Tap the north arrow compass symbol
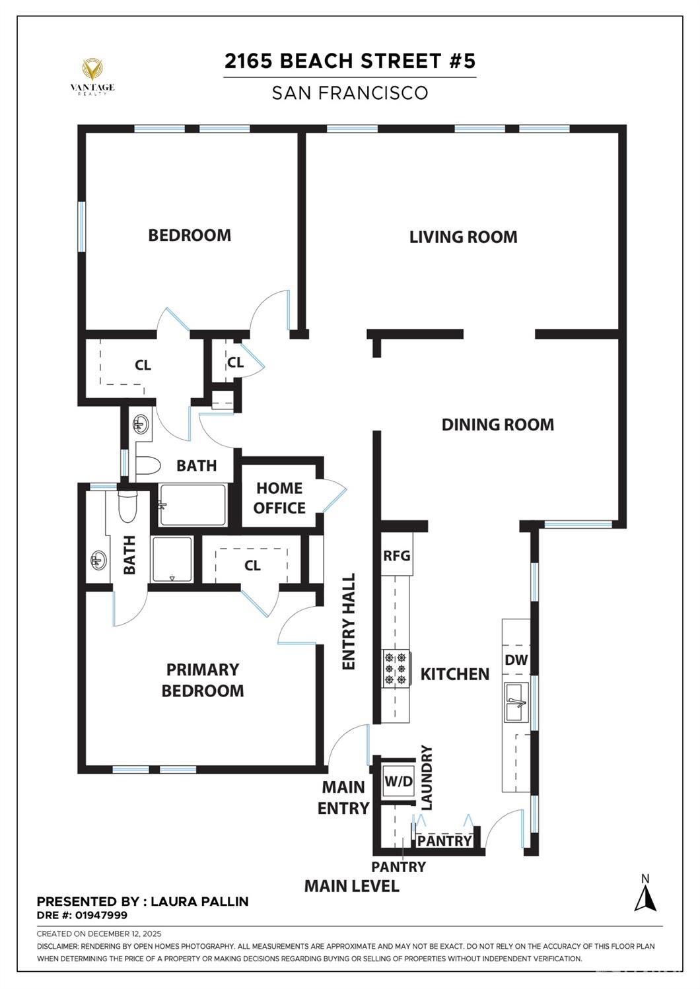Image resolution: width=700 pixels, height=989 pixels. point(645,895)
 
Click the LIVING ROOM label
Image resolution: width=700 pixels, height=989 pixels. point(463,237)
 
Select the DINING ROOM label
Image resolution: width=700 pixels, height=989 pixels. point(497,425)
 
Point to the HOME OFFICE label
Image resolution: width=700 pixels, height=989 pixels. point(279,498)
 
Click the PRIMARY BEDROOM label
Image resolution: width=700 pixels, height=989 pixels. point(202,680)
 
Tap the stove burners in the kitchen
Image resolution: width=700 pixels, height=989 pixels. point(396,668)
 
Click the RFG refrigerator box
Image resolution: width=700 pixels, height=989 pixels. point(396,555)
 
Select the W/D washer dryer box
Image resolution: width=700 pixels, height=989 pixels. point(398,782)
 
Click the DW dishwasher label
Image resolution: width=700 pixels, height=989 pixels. point(516,660)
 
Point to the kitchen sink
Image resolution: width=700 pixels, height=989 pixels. point(516,702)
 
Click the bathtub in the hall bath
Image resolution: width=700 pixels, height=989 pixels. point(193,505)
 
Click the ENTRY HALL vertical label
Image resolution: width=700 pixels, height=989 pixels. point(349,621)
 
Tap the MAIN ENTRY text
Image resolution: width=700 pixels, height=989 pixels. point(343,798)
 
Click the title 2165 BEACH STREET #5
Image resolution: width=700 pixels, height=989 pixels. point(349,61)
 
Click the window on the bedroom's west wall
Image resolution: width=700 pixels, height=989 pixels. point(82,226)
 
